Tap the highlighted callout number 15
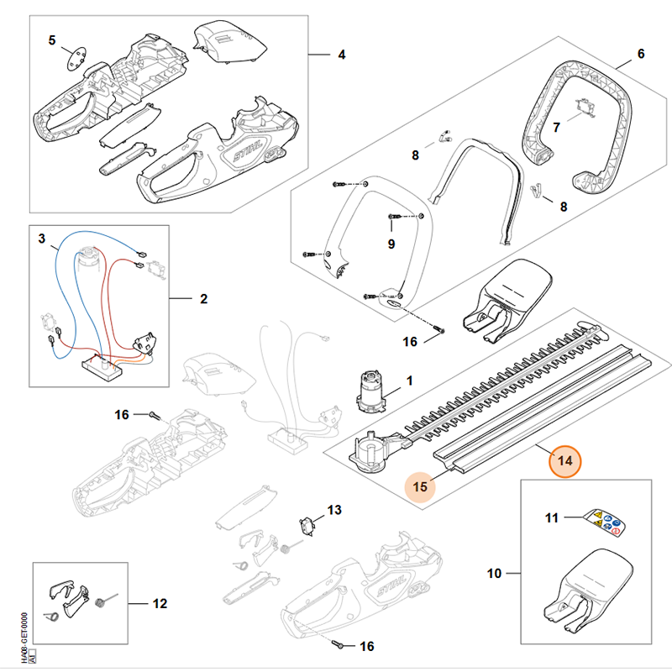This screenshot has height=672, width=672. (421, 485)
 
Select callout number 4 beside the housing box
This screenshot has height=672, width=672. (342, 55)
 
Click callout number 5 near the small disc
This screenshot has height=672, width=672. (52, 40)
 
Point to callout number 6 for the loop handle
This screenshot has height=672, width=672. (641, 54)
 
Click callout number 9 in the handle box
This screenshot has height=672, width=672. (390, 244)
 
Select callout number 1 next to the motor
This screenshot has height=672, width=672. (409, 382)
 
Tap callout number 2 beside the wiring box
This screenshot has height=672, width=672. (203, 298)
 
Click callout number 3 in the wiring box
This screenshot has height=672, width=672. (42, 239)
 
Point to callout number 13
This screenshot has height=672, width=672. (334, 510)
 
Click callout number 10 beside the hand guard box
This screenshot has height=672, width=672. (494, 574)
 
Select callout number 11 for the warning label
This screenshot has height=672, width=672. (552, 518)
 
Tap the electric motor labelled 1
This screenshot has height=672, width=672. (370, 392)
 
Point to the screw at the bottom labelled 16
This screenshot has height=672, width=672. (339, 645)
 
